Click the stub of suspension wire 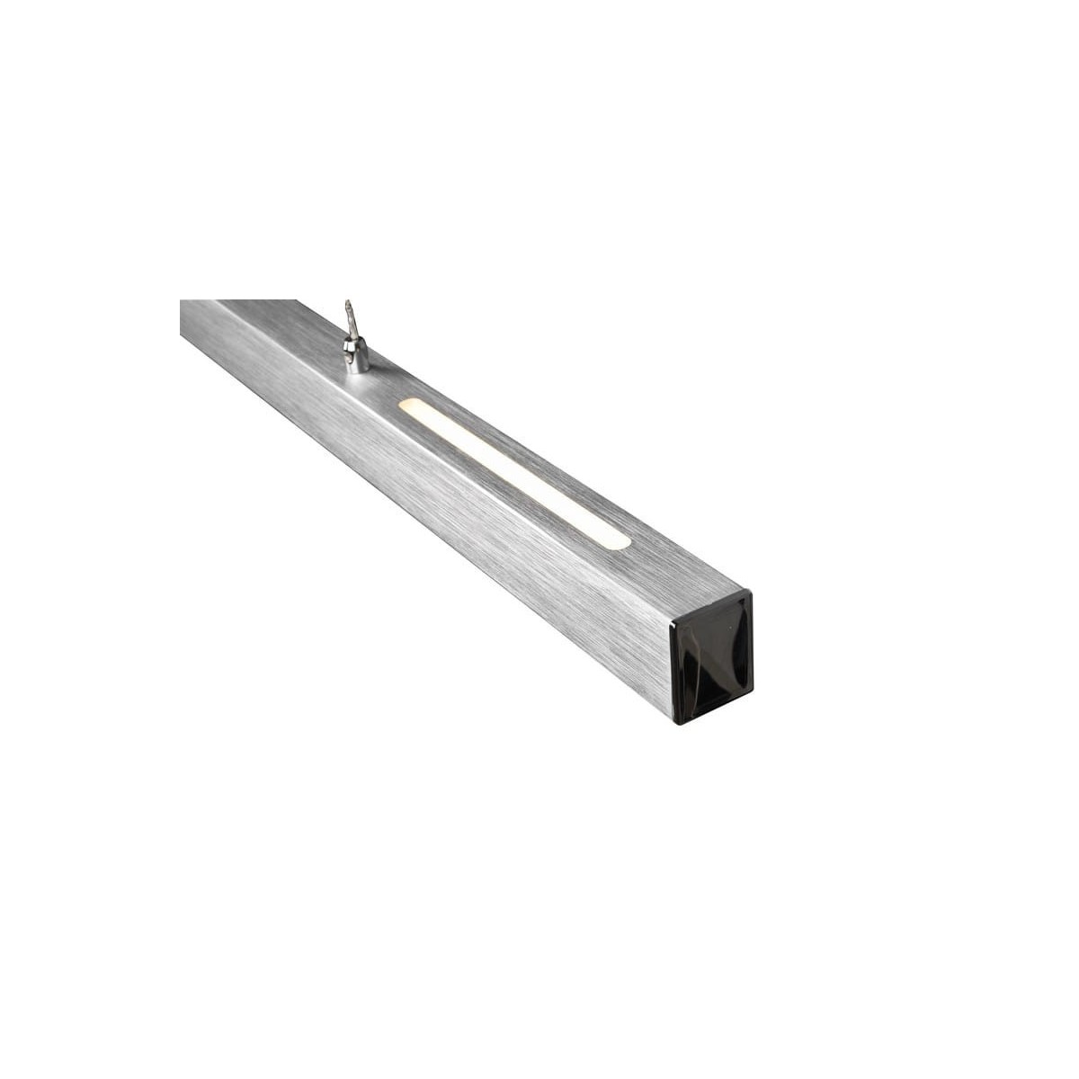(351, 321)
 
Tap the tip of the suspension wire (348, 304)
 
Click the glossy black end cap (710, 656)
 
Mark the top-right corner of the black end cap (748, 593)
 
